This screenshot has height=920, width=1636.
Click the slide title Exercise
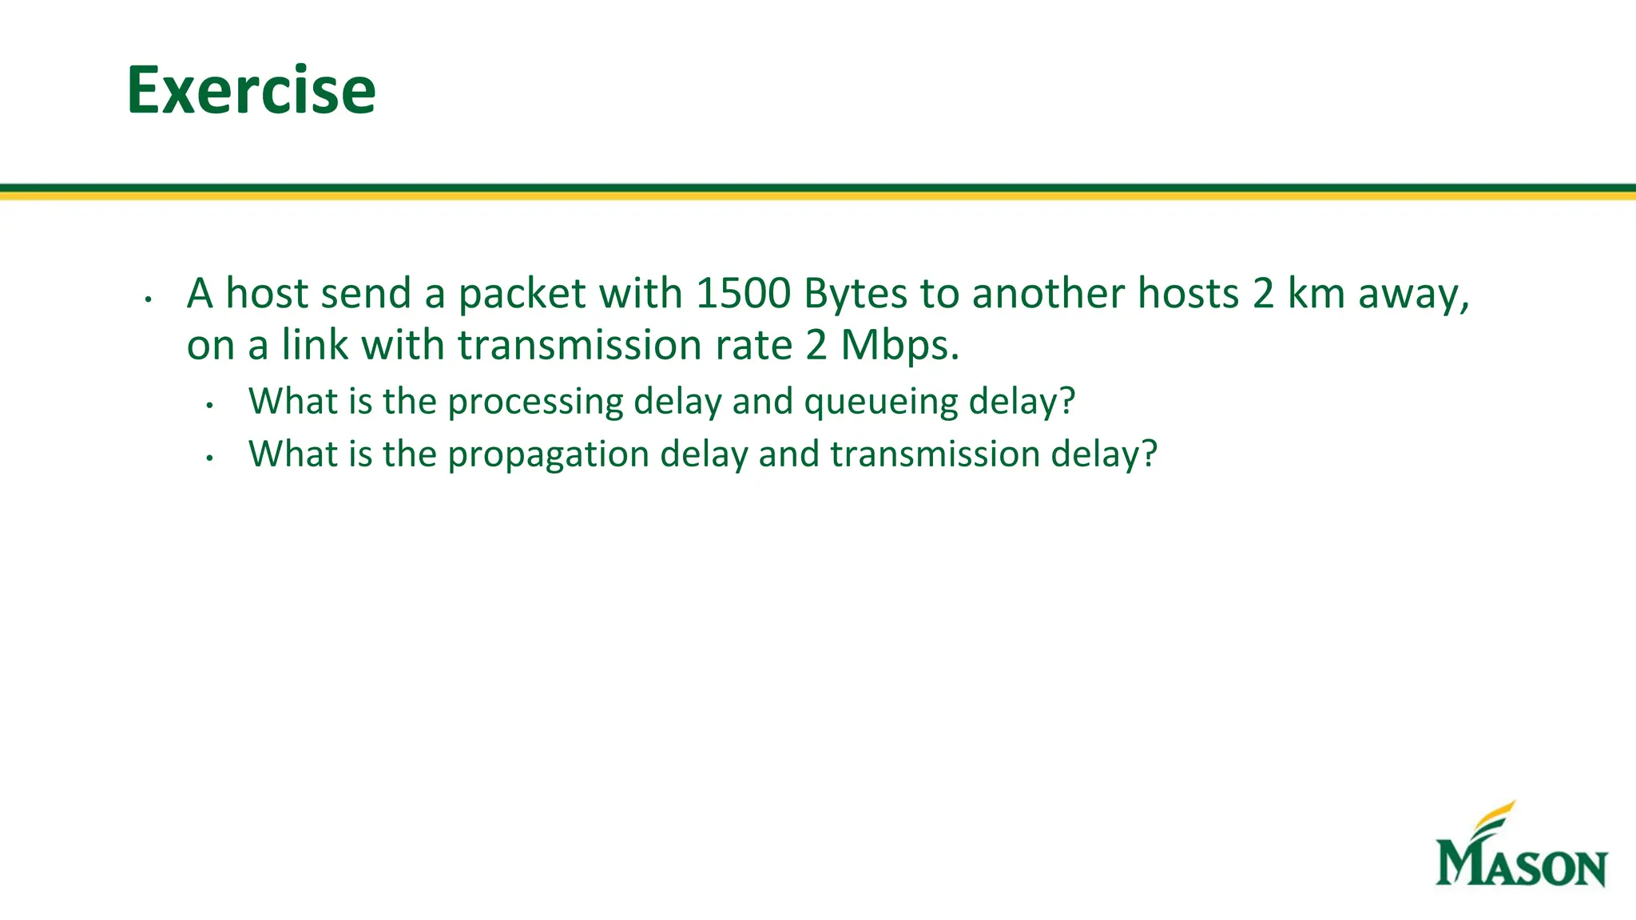pos(251,90)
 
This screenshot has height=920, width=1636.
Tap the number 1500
pos(743,293)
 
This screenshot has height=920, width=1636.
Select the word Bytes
pos(856,295)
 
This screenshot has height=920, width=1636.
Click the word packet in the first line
pos(522,294)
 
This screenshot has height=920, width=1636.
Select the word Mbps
pos(899,346)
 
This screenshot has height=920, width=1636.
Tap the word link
pos(315,345)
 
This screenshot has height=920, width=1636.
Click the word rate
pos(749,345)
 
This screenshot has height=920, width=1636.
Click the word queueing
pos(880,402)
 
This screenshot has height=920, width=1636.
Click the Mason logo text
pos(1521,862)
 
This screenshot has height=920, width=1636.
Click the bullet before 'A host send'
pos(148,299)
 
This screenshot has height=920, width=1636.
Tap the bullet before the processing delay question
pos(209,406)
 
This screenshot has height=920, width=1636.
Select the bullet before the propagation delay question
pos(209,458)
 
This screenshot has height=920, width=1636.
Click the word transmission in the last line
pos(935,454)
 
